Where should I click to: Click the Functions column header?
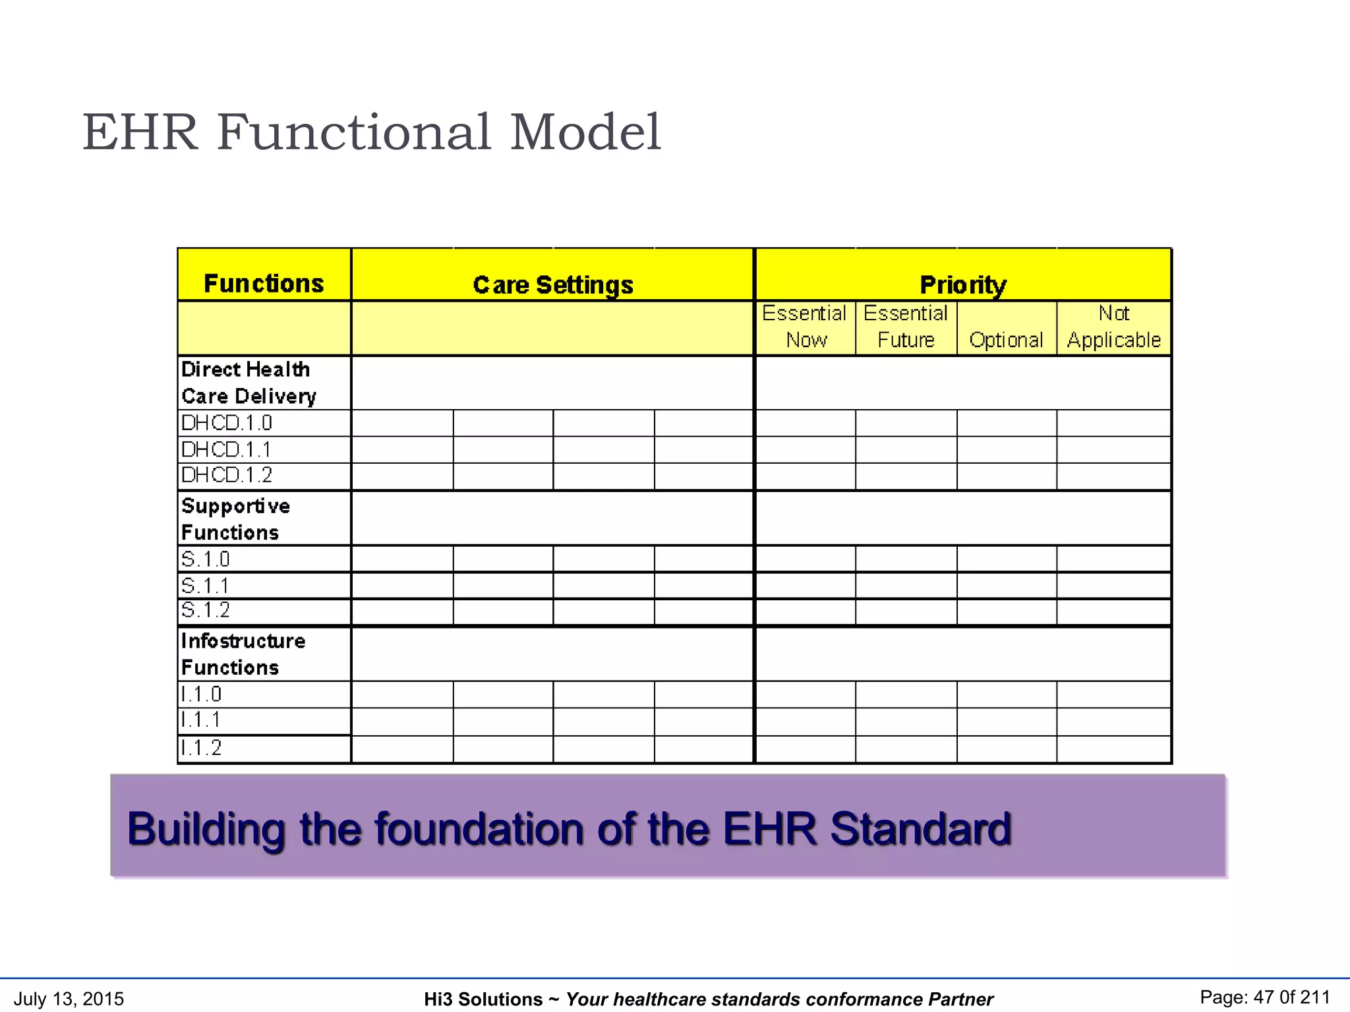264,283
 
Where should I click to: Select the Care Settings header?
552,285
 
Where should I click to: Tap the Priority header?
962,285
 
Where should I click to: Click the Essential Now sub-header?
805,327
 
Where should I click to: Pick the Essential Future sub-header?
906,327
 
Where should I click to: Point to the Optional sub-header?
1006,340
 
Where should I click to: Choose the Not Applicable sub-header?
1113,327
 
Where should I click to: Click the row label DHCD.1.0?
227,423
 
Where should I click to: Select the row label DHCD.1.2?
227,475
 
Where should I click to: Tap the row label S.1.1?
205,586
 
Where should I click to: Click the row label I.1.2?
201,748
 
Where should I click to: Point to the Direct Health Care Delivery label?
249,383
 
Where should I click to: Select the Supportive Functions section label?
235,519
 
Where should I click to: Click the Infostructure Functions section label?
243,654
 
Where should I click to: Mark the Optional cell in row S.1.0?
1006,559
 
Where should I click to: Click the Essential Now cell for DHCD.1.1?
805,450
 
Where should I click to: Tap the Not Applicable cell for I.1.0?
1113,694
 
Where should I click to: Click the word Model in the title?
585,132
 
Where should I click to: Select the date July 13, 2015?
69,999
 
